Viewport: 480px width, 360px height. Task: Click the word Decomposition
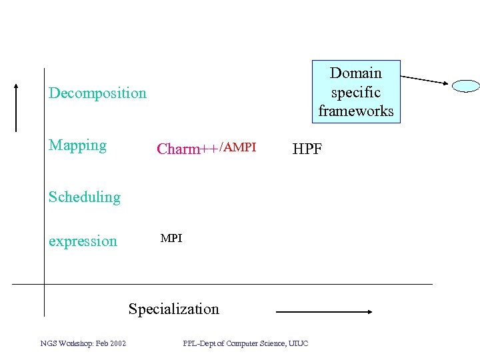pos(97,93)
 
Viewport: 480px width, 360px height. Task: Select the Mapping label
pos(77,145)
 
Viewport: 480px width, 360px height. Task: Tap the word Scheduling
pos(85,197)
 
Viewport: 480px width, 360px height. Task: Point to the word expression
pos(83,241)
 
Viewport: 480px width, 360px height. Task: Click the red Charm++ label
pos(187,149)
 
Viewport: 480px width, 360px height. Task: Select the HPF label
pos(307,149)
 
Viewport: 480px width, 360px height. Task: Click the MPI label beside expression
pos(171,238)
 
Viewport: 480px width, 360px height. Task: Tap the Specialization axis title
pos(173,309)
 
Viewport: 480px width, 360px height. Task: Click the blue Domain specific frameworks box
pos(356,92)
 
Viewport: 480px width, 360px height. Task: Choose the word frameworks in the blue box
pos(356,111)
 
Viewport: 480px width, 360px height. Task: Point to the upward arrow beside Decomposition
pos(16,107)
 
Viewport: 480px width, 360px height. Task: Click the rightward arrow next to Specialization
pos(324,311)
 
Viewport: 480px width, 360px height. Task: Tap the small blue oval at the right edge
pos(466,85)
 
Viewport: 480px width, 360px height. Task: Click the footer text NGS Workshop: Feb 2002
pos(83,343)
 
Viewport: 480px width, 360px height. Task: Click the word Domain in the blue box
pos(356,73)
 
